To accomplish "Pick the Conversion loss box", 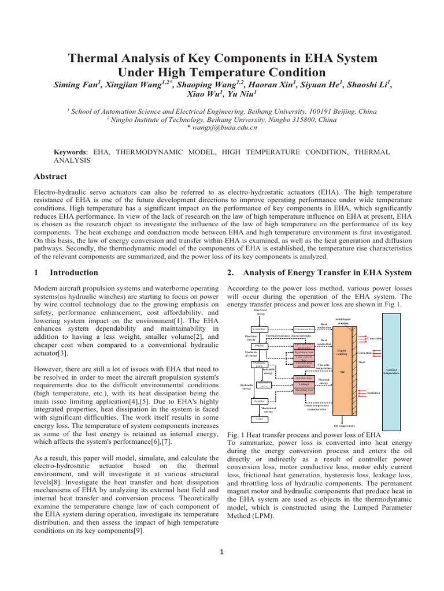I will coord(304,329).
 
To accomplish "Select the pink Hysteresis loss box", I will coord(304,352).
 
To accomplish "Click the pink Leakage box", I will coord(304,384).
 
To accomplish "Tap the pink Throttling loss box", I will coord(304,391).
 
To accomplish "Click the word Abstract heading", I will coord(51,177).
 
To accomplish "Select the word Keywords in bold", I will coord(69,152).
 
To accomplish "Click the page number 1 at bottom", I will coord(222,551).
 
